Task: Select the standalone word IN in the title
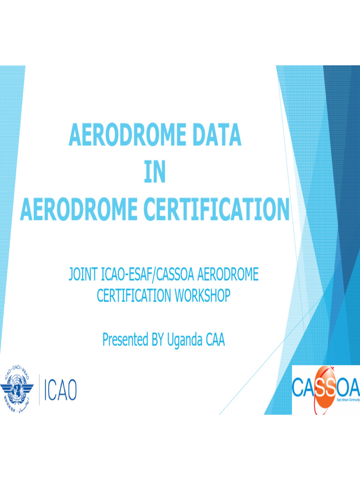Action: (155, 173)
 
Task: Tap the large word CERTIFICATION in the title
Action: (217, 210)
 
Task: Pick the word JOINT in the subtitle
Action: (82, 275)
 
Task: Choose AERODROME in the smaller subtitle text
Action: (230, 275)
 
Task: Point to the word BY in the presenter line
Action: (157, 340)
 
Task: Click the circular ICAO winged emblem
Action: (18, 389)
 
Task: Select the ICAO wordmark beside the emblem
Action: (60, 390)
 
